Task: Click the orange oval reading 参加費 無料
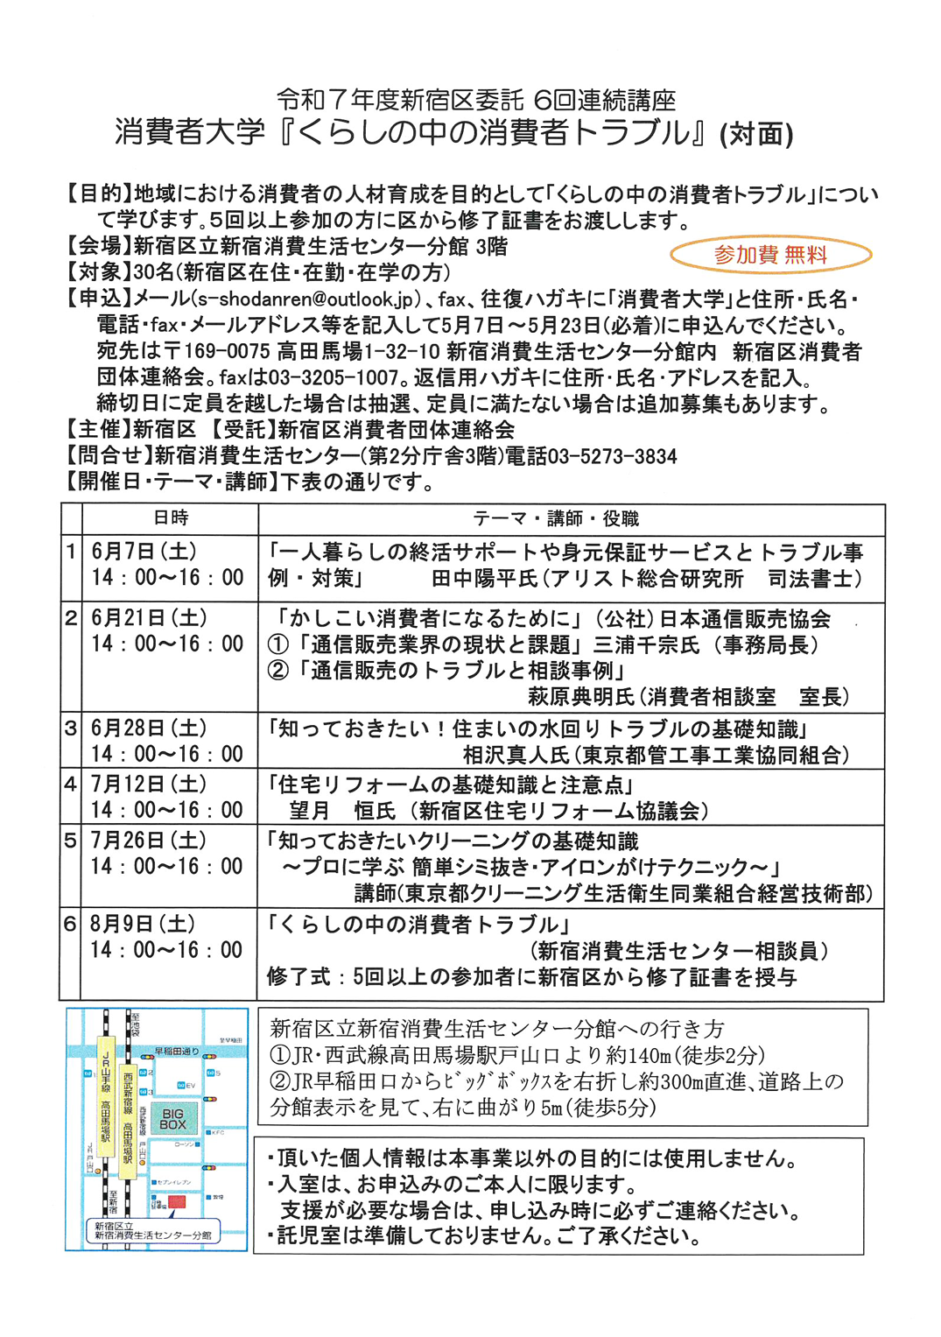(x=770, y=255)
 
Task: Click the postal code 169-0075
(x=228, y=351)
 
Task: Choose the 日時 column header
(x=171, y=518)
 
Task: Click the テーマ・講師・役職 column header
(x=556, y=518)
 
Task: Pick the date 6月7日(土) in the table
(x=144, y=552)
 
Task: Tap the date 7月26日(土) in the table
(x=149, y=841)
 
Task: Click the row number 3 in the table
(x=71, y=728)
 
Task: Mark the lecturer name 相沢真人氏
(x=516, y=755)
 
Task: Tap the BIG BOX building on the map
(x=172, y=1118)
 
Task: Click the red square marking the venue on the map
(x=177, y=1202)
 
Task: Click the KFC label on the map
(x=218, y=1132)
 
